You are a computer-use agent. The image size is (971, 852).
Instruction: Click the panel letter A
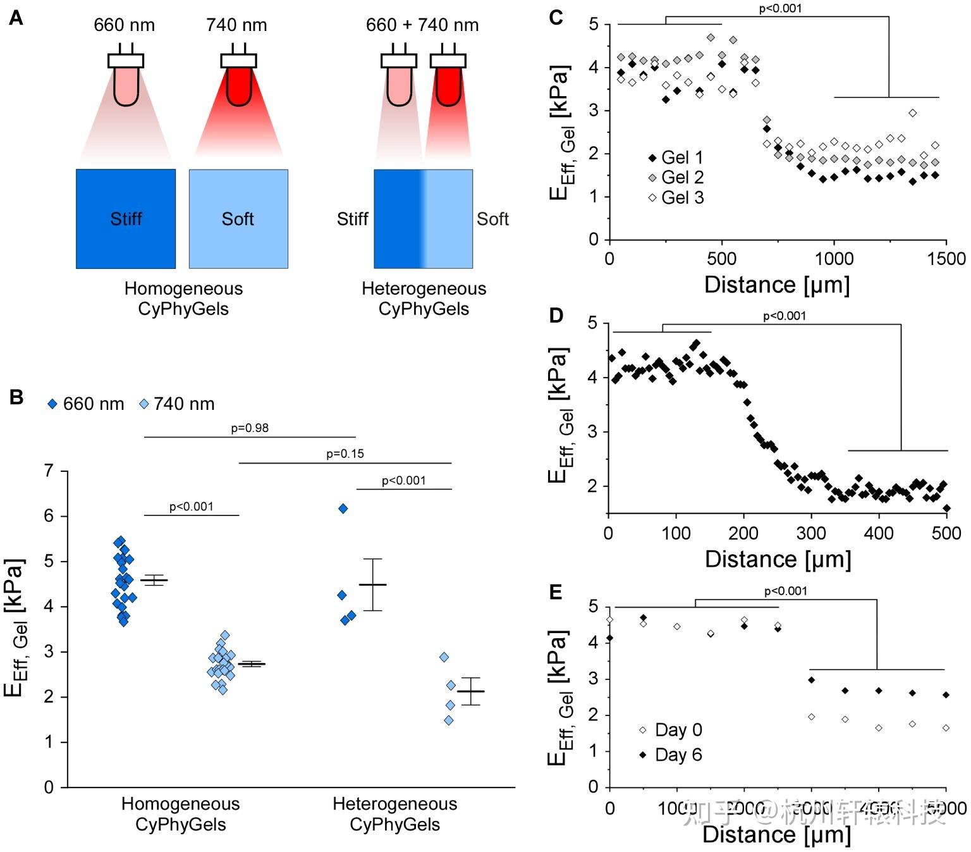coord(16,18)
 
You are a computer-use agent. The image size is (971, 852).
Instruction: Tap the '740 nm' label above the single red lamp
coord(236,25)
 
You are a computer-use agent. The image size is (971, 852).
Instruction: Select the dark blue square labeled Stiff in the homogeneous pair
coord(126,219)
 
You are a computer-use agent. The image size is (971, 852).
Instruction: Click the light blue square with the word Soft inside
coord(238,219)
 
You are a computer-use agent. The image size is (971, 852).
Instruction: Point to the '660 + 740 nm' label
coord(422,25)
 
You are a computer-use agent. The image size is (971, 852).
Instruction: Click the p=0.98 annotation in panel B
coord(250,428)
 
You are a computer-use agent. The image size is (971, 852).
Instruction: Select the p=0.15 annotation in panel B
coord(345,454)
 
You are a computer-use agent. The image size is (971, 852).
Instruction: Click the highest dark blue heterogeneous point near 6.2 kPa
coord(343,509)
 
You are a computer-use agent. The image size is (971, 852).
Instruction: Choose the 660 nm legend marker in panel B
coord(53,404)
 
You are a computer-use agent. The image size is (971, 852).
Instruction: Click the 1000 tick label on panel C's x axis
coord(834,259)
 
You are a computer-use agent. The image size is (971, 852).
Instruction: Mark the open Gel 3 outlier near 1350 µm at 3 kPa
coord(913,113)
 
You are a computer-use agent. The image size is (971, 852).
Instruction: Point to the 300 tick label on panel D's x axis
coord(811,533)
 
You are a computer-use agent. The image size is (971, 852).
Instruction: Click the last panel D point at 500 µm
coord(946,509)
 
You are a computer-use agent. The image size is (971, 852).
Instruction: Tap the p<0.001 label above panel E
coord(786,591)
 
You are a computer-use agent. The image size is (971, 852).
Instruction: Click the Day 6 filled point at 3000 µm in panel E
coord(812,680)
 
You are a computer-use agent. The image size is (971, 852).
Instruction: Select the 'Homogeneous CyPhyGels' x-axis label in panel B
coord(181,814)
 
